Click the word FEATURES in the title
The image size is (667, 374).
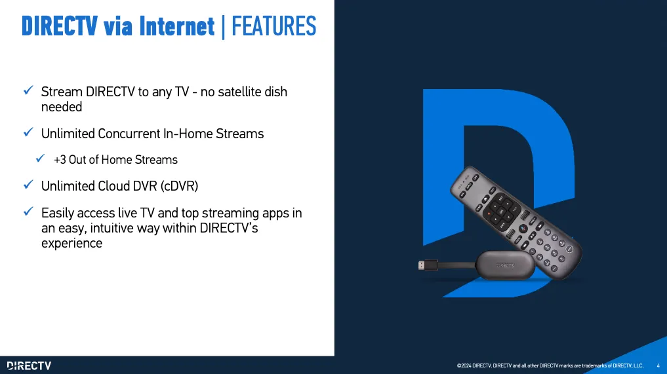coord(273,26)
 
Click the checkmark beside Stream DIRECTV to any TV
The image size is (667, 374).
coord(28,90)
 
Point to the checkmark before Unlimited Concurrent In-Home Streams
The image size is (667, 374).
coord(28,132)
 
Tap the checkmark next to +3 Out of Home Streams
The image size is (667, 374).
coord(41,158)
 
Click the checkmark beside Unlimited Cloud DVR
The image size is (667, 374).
coord(28,185)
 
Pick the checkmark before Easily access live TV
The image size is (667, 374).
coord(28,211)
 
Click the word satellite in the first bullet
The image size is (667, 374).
coord(239,92)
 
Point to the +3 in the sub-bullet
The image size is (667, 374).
coord(60,159)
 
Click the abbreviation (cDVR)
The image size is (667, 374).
coord(179,186)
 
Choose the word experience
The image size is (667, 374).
coord(72,244)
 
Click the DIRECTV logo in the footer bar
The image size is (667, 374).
coord(29,365)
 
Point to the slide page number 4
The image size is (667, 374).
coord(658,365)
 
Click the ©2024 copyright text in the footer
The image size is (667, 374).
coord(550,365)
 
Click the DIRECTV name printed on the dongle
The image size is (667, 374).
coord(506,266)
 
